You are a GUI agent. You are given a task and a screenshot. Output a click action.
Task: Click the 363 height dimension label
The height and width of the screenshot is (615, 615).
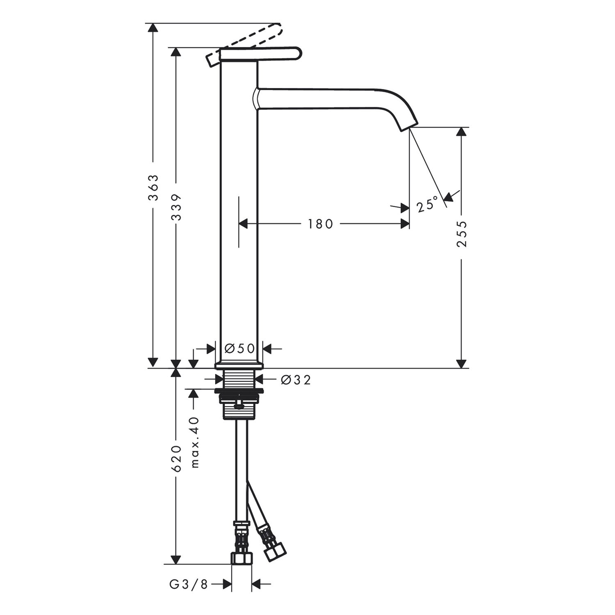[x=153, y=188]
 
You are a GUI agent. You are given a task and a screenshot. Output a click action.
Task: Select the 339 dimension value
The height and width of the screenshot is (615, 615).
[x=176, y=207]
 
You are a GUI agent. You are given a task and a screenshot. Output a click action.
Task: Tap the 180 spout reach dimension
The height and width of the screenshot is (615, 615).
[x=320, y=224]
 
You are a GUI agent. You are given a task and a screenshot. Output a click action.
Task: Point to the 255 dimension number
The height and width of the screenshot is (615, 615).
[x=462, y=234]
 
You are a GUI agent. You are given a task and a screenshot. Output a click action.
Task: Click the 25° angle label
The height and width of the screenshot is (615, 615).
[x=428, y=204]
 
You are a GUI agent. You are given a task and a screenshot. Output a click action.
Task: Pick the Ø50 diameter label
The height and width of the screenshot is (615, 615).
[x=240, y=348]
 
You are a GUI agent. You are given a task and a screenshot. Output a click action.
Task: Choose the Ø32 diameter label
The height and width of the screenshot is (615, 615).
[x=296, y=380]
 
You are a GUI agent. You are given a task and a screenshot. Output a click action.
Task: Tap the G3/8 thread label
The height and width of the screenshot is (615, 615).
[x=189, y=585]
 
